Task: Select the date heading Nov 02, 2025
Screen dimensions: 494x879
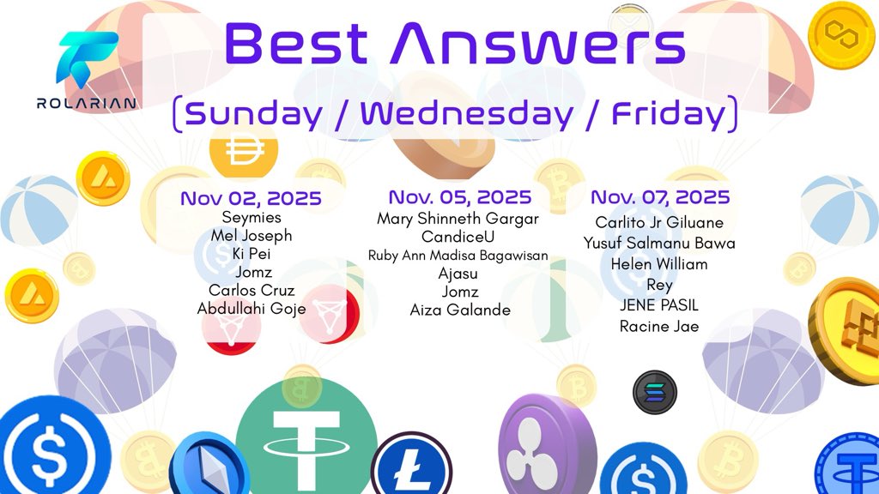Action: [251, 198]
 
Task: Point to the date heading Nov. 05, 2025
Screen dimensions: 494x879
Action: [460, 197]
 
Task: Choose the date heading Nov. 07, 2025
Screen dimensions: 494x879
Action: [660, 197]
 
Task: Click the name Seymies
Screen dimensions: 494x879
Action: [252, 218]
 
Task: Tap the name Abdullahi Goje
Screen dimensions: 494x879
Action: [252, 309]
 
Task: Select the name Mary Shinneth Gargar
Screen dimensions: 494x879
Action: [458, 219]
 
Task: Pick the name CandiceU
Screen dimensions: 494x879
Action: [458, 237]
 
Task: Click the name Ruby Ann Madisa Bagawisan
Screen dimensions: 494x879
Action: [458, 256]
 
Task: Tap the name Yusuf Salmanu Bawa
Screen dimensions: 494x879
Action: [659, 244]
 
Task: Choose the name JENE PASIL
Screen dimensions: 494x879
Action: [659, 305]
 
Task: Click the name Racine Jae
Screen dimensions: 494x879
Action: [659, 326]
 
